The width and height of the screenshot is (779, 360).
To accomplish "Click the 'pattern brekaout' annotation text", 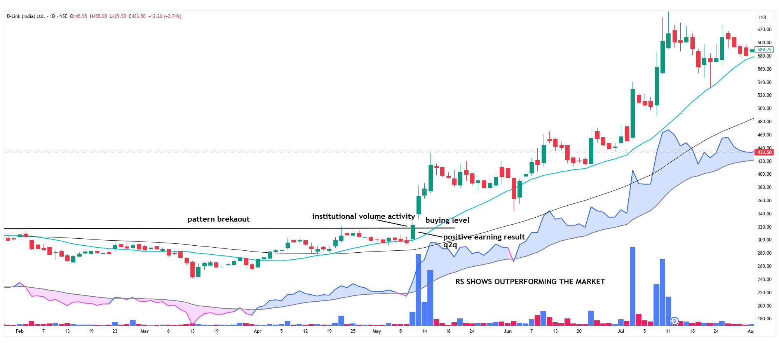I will (218, 219).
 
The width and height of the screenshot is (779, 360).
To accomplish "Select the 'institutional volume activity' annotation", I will (363, 217).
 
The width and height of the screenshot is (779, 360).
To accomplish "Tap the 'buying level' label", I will (447, 220).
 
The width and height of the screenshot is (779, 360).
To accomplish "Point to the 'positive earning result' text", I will (484, 237).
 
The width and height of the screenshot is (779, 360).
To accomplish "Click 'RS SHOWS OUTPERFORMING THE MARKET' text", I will (530, 282).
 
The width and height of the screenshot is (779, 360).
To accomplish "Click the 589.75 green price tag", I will (764, 50).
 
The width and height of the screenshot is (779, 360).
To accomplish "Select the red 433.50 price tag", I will (764, 152).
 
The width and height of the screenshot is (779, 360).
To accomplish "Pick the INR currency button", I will (763, 17).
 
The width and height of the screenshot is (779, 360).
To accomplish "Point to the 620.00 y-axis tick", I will (764, 30).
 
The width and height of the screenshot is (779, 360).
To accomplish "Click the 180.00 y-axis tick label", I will (764, 319).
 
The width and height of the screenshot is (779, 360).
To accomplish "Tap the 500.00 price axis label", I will (764, 108).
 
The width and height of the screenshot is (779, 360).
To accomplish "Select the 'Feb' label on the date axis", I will (19, 331).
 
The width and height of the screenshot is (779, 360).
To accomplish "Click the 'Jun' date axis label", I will (507, 331).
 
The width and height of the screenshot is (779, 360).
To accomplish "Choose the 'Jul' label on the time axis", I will (620, 331).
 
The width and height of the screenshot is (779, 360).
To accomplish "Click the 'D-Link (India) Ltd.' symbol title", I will (26, 16).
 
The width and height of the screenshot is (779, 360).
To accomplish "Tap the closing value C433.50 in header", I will (138, 16).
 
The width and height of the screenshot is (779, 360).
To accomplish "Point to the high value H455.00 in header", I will (98, 16).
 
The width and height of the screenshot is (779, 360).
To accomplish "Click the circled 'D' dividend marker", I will (674, 321).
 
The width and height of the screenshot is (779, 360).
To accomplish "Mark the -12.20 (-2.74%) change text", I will (165, 16).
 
